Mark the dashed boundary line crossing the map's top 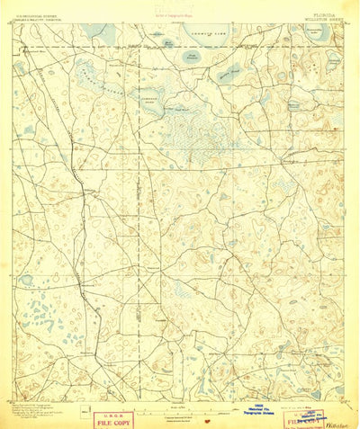click(x=180, y=47)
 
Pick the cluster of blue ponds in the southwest click(x=45, y=315)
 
